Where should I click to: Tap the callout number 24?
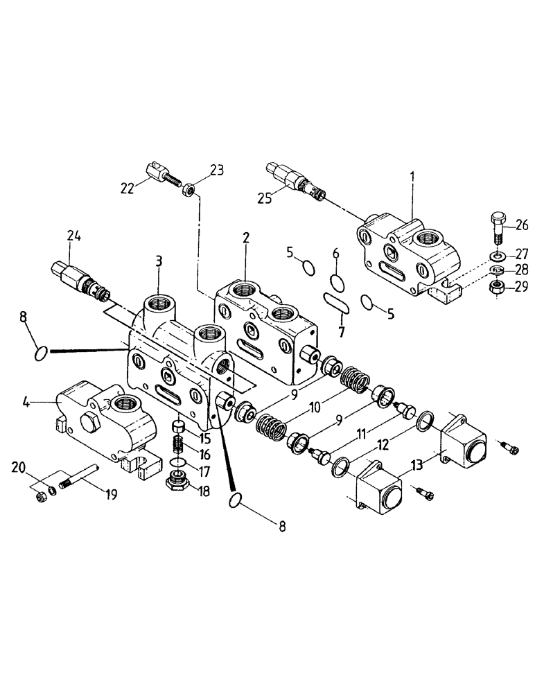click(74, 237)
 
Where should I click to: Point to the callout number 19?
click(110, 494)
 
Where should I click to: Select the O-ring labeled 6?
click(336, 282)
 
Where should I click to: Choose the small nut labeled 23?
click(188, 188)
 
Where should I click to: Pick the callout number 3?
click(159, 261)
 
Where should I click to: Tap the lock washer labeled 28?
click(496, 270)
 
